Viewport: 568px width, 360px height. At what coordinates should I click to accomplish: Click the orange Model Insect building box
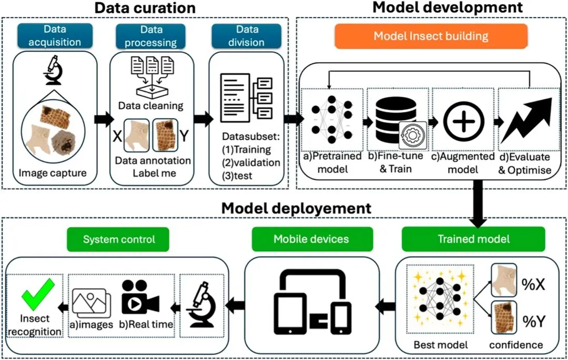coord(431,36)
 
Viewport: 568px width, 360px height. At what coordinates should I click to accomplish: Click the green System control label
coord(119,239)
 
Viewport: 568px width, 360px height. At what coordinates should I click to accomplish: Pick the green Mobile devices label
coord(311,239)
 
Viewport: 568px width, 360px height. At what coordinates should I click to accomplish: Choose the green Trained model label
coord(473,239)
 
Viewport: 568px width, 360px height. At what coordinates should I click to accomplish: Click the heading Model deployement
coord(296,208)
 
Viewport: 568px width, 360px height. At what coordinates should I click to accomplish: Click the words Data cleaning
coord(151,105)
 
